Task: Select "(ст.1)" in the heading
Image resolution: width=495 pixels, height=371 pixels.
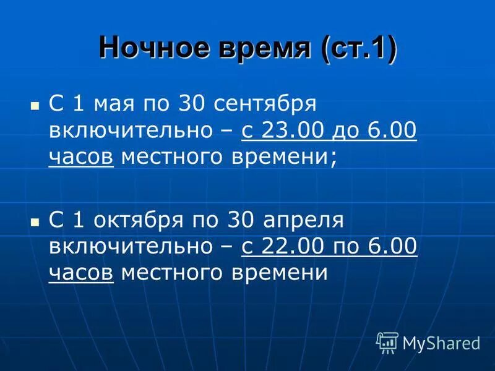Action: point(358,48)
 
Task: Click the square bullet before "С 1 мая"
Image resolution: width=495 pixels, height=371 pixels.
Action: point(35,105)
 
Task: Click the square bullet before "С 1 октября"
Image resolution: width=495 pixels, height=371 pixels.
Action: point(35,221)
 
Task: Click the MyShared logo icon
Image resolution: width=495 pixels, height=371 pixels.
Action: point(387,342)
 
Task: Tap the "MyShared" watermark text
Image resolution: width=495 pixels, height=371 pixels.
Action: point(441,343)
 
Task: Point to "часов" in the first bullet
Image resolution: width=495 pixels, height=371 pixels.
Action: point(81,157)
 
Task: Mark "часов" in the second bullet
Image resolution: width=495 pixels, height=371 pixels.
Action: point(81,273)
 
